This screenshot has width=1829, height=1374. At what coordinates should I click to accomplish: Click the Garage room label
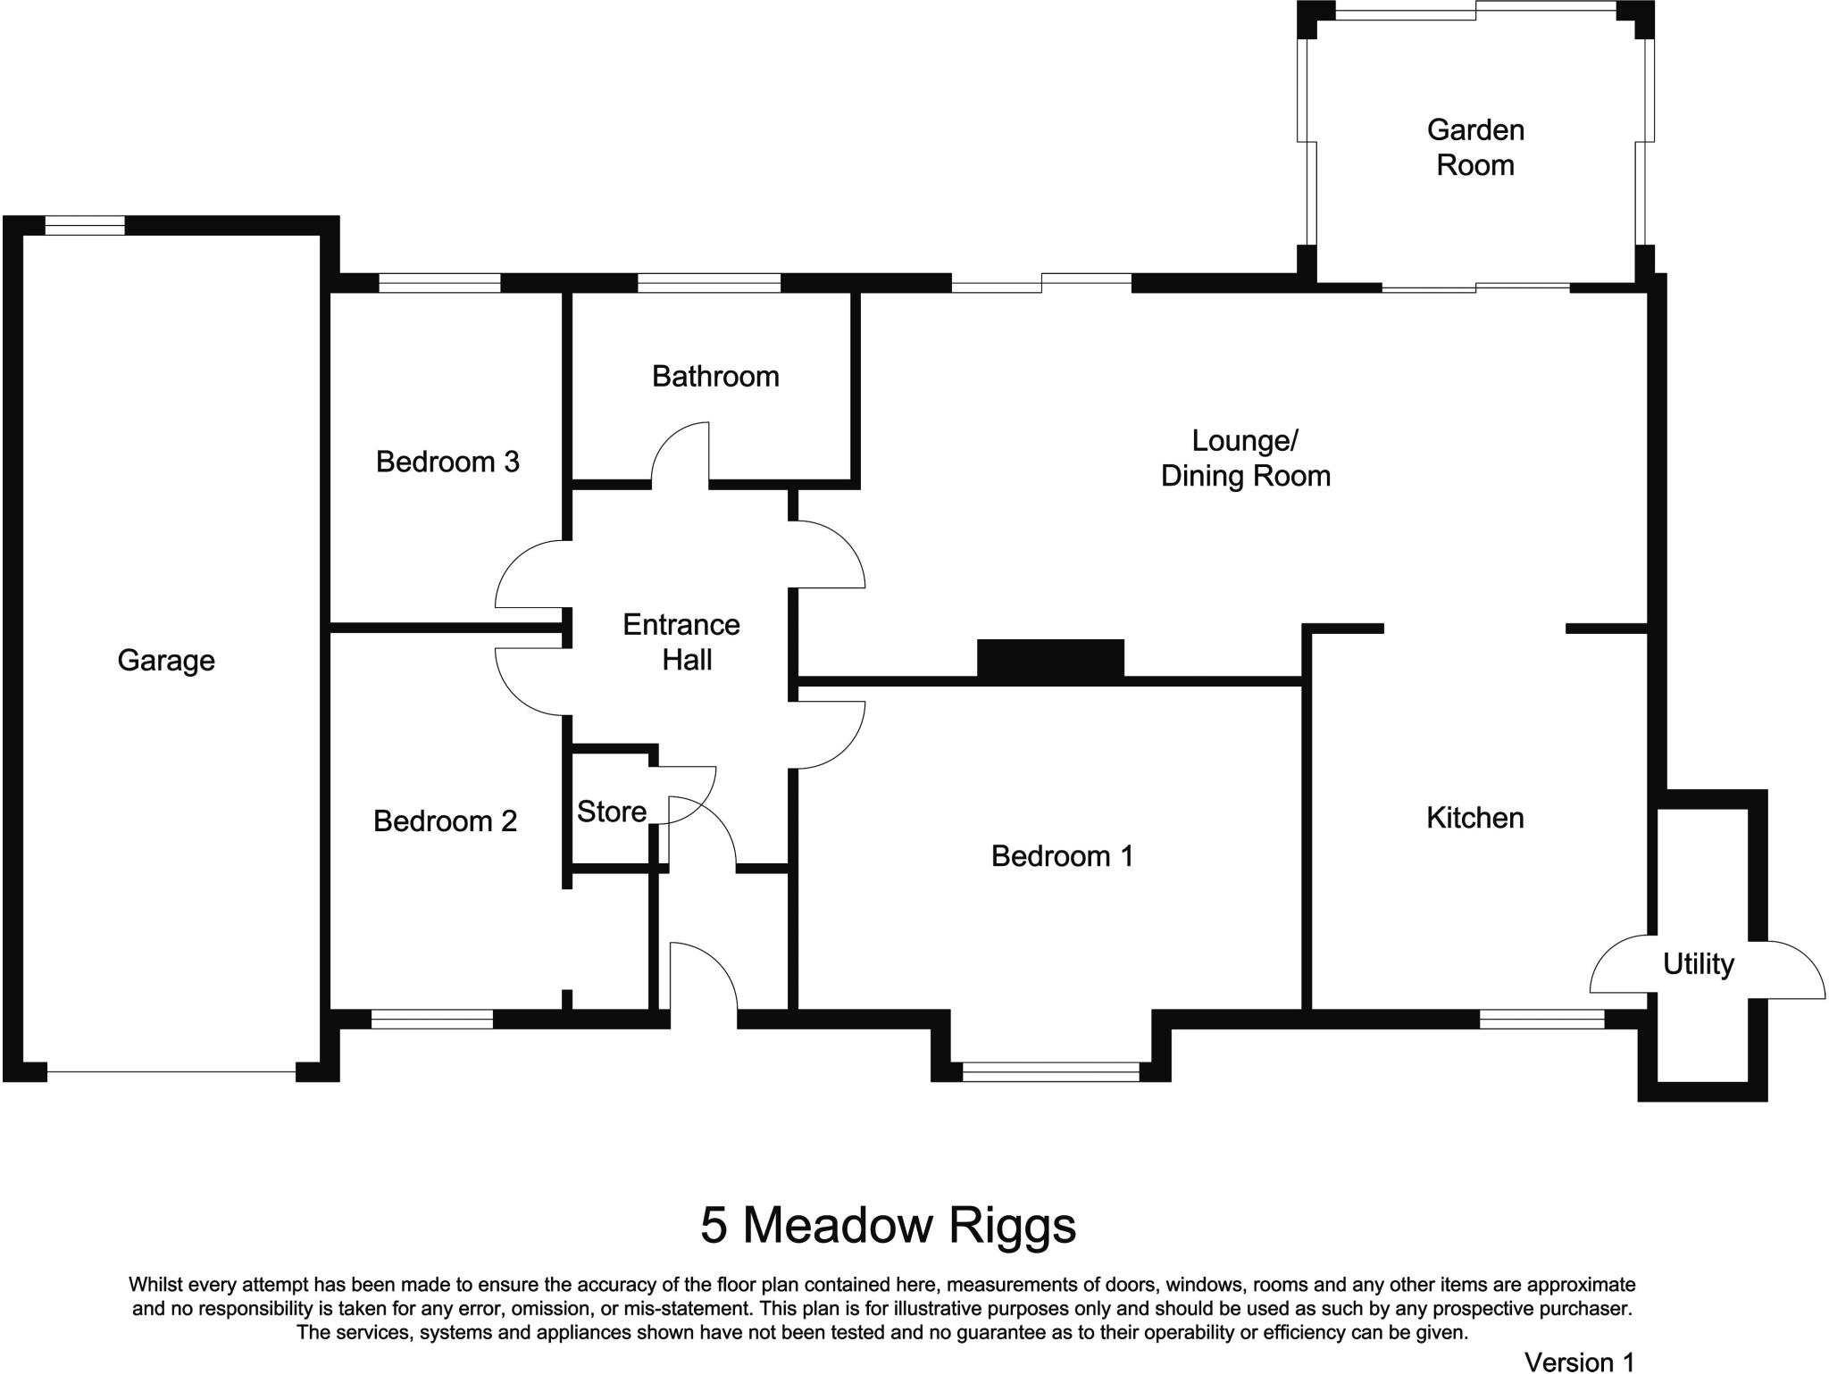click(166, 661)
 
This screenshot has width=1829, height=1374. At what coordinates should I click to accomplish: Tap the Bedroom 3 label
click(447, 462)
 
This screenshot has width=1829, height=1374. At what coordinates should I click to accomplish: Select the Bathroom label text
click(715, 376)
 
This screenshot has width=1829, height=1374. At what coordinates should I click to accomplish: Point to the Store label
click(611, 812)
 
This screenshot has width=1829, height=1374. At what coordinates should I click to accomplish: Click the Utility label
click(1698, 964)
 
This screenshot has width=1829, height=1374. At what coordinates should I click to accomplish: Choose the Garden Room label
click(1475, 147)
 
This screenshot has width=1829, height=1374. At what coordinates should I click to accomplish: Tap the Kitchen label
click(1474, 818)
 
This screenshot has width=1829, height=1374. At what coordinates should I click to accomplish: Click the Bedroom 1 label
click(1062, 856)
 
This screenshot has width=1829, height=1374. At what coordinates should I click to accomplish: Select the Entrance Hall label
click(682, 642)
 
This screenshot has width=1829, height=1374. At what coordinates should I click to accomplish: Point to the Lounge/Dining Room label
click(1245, 458)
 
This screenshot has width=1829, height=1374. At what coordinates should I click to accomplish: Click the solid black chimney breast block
click(1050, 659)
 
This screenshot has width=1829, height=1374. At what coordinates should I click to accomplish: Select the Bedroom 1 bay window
click(1051, 1071)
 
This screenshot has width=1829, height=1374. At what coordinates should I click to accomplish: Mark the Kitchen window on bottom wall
click(1541, 1019)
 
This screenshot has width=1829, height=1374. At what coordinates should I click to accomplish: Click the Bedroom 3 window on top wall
click(439, 283)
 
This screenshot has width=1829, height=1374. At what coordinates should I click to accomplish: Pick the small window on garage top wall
click(85, 225)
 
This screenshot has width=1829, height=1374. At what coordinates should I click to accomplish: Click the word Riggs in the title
click(1011, 1225)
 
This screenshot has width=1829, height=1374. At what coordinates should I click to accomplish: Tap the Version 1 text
click(1579, 1361)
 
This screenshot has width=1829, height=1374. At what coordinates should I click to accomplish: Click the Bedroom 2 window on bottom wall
click(432, 1019)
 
